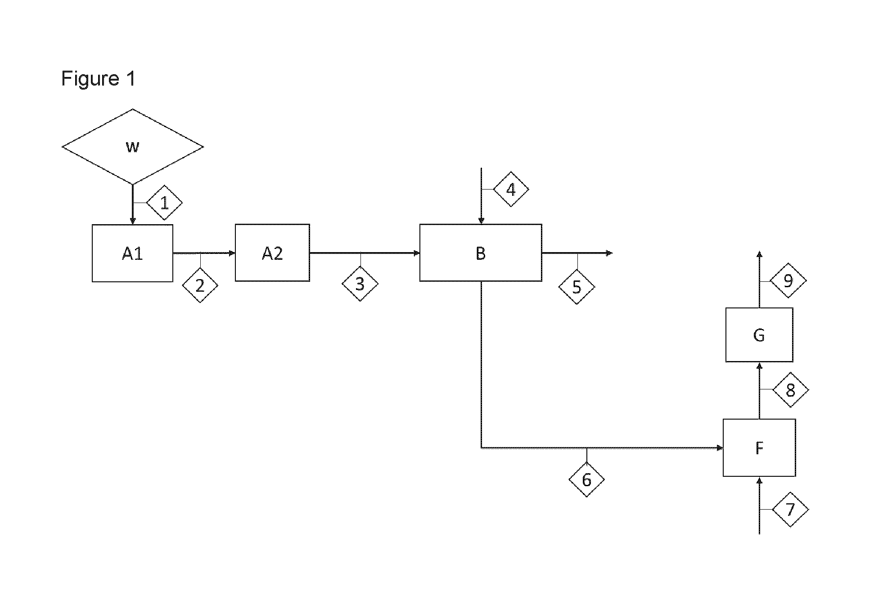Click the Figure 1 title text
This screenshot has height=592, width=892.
click(98, 79)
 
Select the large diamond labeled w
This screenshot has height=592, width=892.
click(132, 147)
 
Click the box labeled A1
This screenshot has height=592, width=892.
click(132, 253)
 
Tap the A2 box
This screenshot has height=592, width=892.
click(272, 253)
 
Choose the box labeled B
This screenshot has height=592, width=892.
click(481, 253)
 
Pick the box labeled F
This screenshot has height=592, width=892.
click(759, 447)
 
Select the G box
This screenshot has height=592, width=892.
click(759, 335)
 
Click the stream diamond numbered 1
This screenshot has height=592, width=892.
click(164, 203)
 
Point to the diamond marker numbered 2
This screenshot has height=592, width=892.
click(200, 285)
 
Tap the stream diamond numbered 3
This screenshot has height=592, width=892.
click(360, 284)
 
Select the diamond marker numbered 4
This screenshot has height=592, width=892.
click(511, 190)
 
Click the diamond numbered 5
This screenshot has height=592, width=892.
click(577, 287)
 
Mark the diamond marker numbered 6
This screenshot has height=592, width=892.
click(586, 480)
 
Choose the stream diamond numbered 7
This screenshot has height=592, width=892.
click(790, 510)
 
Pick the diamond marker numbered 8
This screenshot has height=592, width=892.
click(791, 390)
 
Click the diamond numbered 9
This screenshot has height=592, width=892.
click(788, 280)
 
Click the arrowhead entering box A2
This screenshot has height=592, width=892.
click(232, 253)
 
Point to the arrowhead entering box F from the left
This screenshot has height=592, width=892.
click(720, 448)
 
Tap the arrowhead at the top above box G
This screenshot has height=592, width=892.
click(759, 254)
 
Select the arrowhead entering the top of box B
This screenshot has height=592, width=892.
click(481, 221)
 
